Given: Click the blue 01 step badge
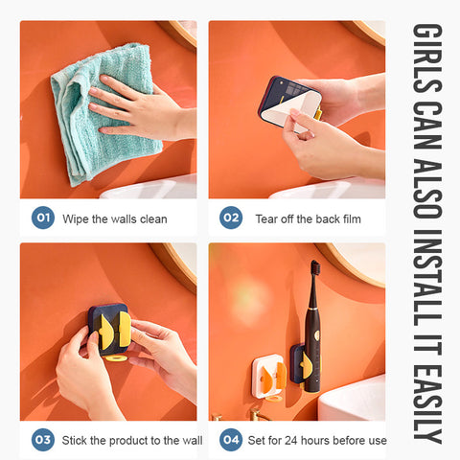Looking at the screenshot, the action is pos(43,218).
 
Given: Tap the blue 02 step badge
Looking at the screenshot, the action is pos(231,218).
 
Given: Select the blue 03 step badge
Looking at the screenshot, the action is pos(43,440).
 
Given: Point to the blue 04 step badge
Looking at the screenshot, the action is pos(231,440).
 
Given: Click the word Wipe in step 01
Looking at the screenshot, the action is pos(76,219).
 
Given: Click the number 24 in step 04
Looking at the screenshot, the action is pos(291,441).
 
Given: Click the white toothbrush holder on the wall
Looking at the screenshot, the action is pos(269,376).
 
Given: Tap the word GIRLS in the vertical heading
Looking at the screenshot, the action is pos(427,58).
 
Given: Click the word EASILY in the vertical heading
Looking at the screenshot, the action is pos(427,405).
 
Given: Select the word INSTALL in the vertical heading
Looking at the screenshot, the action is pos(427,277).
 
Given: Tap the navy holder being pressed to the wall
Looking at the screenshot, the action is pos(108,330).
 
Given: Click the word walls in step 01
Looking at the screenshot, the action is pos(121,219).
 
